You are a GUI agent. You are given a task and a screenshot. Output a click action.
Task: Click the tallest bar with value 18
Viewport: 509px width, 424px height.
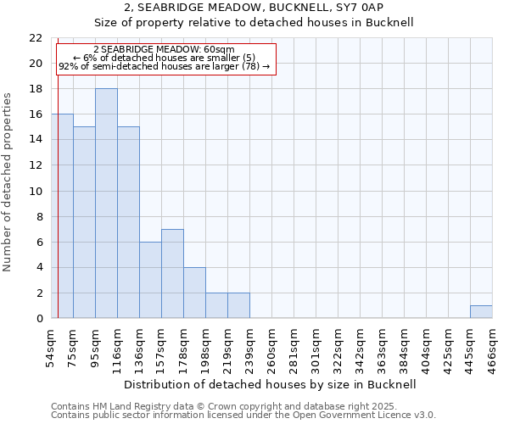106,204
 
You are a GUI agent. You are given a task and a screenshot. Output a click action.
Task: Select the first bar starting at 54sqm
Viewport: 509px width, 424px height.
63,216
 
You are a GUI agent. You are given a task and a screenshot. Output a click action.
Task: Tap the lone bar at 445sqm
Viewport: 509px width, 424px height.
481,311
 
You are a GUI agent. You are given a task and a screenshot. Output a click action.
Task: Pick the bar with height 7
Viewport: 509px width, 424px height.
172,273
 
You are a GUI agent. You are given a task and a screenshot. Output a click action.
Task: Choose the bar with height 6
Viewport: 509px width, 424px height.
150,280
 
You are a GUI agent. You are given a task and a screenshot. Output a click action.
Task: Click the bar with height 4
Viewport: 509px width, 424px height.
194,293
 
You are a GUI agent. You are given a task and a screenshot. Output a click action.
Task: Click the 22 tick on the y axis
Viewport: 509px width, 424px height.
36,38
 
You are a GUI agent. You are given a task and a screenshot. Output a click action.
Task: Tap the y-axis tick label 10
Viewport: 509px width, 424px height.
36,191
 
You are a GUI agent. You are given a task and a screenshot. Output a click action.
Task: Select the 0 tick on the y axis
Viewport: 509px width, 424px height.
39,318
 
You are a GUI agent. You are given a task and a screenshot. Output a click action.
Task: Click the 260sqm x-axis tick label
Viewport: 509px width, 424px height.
272,347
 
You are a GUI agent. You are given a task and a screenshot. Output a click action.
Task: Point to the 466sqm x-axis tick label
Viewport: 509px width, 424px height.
493,347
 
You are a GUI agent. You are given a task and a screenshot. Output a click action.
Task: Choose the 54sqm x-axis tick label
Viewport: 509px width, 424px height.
52,347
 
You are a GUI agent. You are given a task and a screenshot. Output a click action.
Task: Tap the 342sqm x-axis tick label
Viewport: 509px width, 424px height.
361,347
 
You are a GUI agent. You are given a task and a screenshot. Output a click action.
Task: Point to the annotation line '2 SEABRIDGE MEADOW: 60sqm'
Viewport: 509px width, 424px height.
164,50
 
